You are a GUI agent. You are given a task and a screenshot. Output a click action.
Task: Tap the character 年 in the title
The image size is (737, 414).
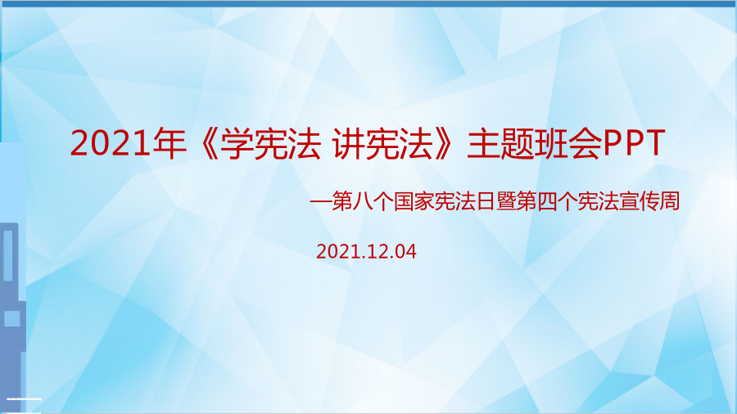170,143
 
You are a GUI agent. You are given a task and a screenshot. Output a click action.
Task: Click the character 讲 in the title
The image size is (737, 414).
348,143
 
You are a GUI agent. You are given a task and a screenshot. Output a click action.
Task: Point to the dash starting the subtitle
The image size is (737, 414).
320,202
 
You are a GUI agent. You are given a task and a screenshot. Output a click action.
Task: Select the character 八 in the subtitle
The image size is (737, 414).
363,201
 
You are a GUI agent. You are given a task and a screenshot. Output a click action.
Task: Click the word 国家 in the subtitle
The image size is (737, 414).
414,201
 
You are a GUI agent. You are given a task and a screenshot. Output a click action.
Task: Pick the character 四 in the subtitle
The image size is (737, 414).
547,201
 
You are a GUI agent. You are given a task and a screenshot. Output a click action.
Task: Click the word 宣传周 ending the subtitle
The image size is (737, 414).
649,201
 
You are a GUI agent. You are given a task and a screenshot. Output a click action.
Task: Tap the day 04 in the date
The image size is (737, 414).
405,252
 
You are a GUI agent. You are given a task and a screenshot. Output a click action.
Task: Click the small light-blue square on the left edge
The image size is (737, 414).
11,319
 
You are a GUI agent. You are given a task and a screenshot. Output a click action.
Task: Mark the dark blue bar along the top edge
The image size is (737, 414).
368,3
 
